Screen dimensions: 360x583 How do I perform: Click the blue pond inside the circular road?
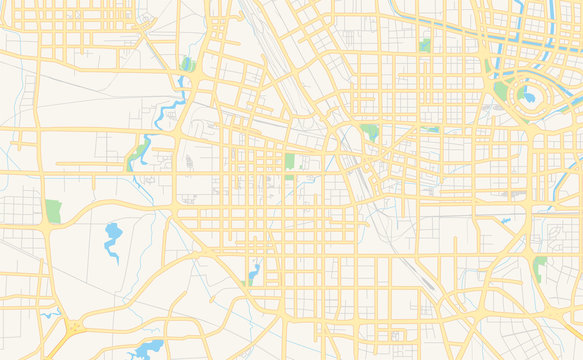(528, 98)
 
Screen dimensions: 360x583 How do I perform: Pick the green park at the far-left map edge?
(53, 211)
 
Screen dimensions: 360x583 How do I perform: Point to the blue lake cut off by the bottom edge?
(147, 349)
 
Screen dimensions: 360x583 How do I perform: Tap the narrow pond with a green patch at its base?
(253, 271)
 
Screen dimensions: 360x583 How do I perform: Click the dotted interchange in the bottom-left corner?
(73, 326)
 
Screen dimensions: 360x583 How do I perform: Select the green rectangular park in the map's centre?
(290, 161)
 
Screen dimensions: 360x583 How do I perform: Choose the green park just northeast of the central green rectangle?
(371, 131)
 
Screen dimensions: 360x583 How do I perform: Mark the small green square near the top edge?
(425, 45)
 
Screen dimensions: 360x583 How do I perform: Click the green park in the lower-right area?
(540, 267)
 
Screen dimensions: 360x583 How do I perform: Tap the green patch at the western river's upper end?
(187, 65)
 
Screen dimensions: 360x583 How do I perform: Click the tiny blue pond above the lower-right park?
(506, 220)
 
